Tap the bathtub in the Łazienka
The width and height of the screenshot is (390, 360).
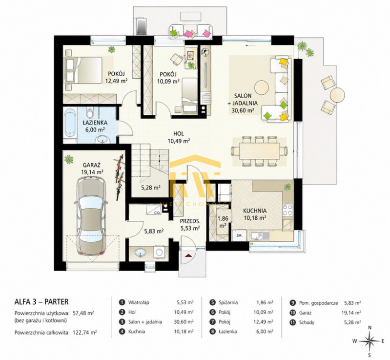(70, 124)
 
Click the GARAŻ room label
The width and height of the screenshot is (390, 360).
(92, 165)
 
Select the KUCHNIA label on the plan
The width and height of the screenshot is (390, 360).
(255, 211)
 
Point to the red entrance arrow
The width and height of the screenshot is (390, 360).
(188, 255)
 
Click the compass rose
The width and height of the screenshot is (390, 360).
(369, 341)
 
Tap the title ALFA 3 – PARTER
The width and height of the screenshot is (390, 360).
(41, 302)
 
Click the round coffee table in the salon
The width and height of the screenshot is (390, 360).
(262, 87)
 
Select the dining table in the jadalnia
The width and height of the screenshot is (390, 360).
(259, 151)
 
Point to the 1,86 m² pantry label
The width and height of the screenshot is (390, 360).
(223, 222)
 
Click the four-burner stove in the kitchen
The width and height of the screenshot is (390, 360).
(287, 210)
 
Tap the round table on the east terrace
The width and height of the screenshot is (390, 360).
(337, 95)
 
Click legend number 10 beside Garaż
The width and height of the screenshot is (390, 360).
(293, 313)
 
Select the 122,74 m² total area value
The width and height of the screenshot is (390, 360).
(85, 332)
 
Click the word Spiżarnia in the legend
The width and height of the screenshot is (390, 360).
(228, 302)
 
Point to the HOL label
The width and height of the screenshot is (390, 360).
(179, 134)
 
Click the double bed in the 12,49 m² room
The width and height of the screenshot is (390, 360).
(83, 70)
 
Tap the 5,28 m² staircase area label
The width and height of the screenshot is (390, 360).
(151, 188)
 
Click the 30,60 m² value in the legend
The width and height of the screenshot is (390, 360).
(184, 322)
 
